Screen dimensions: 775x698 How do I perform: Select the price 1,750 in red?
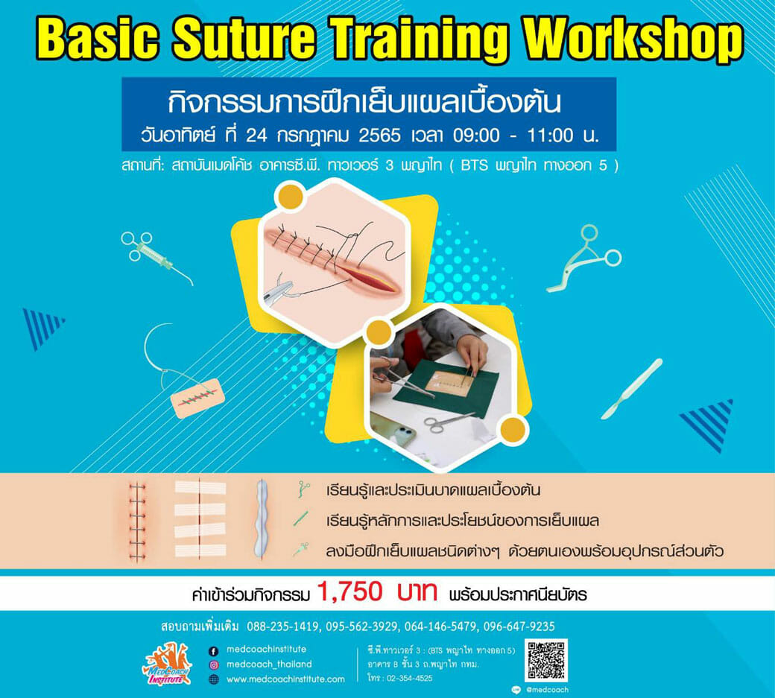click(349, 591)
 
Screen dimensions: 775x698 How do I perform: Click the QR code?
click(545, 661)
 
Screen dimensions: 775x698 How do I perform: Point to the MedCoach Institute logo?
click(167, 665)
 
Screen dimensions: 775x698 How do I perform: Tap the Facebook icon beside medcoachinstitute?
click(214, 650)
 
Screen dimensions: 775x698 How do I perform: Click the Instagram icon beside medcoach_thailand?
click(214, 665)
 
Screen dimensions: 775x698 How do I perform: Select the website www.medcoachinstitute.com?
click(285, 679)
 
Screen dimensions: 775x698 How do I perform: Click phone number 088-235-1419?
click(282, 626)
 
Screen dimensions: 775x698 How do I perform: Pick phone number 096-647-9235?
click(519, 626)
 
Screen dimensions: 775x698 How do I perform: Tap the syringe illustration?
click(156, 257)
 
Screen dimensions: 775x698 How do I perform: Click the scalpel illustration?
click(631, 389)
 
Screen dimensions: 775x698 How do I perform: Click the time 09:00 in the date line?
click(476, 136)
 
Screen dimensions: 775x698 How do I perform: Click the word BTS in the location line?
click(475, 165)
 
